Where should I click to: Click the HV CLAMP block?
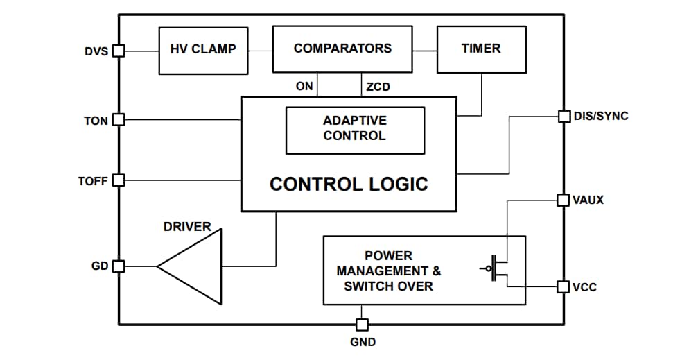click(x=203, y=50)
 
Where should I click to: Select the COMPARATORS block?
click(x=342, y=49)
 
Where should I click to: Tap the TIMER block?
click(x=481, y=49)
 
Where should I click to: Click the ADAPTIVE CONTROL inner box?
click(x=355, y=130)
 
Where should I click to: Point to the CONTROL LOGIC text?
click(x=349, y=184)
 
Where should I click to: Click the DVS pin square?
click(x=119, y=51)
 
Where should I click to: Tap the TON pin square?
click(x=119, y=120)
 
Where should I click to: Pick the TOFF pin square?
click(x=119, y=180)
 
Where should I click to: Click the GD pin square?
click(x=119, y=266)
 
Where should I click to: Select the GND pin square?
click(x=362, y=325)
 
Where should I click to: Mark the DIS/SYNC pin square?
click(x=564, y=116)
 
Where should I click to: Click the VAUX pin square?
click(x=564, y=200)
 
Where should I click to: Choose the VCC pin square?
click(x=564, y=286)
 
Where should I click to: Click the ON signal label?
click(x=304, y=87)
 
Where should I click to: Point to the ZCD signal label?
click(x=378, y=87)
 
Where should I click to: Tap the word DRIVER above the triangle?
click(x=187, y=227)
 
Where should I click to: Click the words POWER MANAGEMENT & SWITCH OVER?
click(x=388, y=271)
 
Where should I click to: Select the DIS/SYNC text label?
click(x=601, y=116)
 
